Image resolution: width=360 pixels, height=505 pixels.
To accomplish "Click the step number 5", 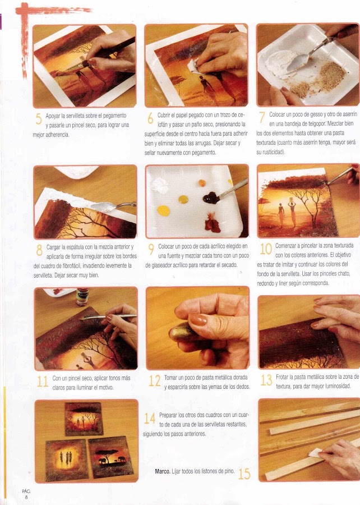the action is click(39, 119).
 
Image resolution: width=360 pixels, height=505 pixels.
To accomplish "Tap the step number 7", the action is click(262, 118).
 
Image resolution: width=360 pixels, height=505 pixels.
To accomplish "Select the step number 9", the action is click(151, 250).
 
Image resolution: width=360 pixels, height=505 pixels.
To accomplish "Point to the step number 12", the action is click(154, 381).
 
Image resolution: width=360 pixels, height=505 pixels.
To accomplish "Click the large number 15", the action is click(244, 474).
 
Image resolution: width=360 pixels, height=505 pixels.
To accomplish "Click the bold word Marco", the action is click(163, 471).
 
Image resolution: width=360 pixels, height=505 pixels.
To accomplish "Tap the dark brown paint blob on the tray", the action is click(211, 198).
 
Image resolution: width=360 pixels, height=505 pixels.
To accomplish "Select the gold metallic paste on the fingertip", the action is click(181, 333).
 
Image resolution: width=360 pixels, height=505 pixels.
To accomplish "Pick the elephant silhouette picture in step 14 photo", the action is click(111, 458).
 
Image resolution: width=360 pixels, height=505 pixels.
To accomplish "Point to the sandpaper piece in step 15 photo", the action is click(316, 452).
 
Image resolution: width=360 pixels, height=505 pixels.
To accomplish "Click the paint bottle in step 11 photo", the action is click(82, 297).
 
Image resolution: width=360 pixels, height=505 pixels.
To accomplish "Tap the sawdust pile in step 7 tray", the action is click(331, 76).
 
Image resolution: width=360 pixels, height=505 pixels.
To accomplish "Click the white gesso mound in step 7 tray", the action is click(280, 66).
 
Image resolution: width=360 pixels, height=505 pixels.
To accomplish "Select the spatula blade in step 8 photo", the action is click(102, 206).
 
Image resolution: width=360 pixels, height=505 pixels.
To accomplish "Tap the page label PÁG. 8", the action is click(26, 494).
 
